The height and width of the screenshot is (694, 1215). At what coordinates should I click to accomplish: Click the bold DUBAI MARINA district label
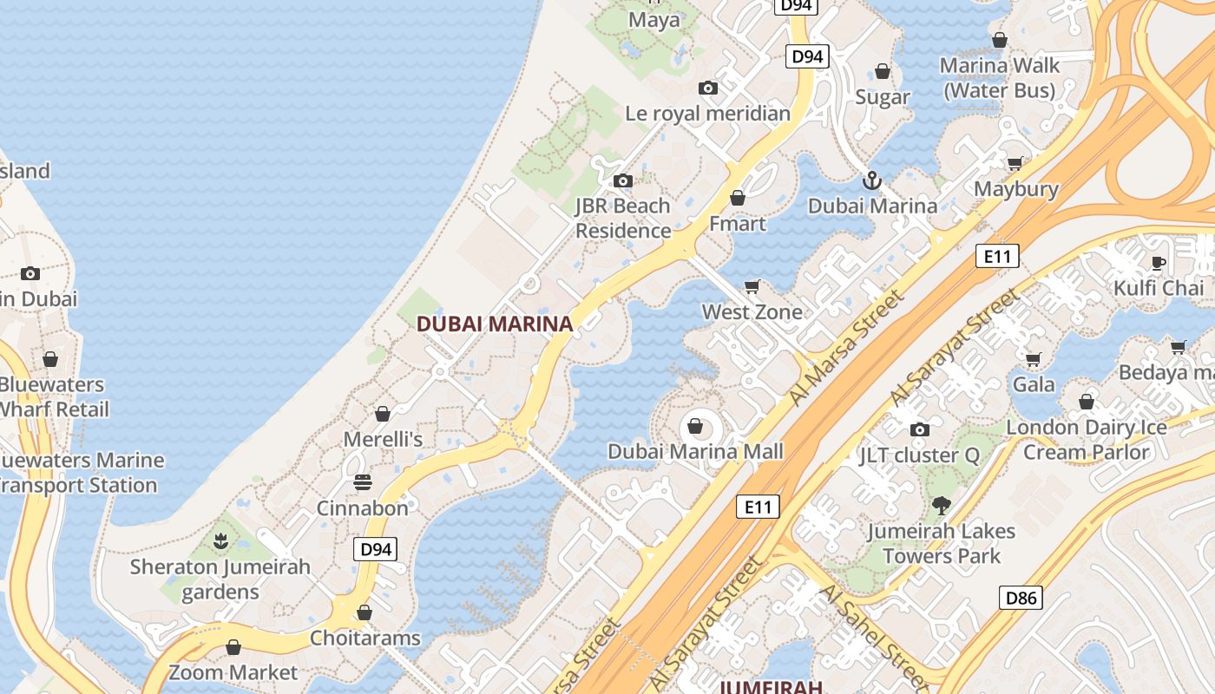tap(495, 324)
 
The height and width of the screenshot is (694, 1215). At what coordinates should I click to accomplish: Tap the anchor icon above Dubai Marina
tap(872, 180)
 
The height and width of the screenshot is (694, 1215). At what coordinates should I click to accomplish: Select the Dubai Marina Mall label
tap(695, 451)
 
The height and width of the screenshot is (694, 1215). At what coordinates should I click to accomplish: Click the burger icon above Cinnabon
tap(363, 482)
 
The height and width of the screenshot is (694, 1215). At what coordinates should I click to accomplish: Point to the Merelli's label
tap(383, 439)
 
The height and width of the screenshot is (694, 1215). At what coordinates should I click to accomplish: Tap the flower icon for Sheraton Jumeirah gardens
tap(220, 542)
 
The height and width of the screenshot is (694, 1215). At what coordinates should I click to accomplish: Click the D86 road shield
tap(1021, 597)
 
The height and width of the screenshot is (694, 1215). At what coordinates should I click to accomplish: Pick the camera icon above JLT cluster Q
tap(920, 429)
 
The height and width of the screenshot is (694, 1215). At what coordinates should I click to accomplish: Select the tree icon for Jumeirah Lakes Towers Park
tap(942, 505)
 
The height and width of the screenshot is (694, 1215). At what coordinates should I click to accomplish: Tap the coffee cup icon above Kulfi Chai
tap(1158, 263)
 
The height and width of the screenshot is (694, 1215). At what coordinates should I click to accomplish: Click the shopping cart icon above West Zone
tap(752, 286)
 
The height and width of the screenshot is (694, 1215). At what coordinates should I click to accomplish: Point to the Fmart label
tap(738, 224)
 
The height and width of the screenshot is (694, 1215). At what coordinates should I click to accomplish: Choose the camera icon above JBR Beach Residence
tap(623, 180)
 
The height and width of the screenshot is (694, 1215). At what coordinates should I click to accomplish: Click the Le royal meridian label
tap(708, 114)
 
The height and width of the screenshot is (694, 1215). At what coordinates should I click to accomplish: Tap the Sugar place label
tap(883, 97)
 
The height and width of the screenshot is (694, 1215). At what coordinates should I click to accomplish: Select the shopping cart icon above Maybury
tap(1015, 163)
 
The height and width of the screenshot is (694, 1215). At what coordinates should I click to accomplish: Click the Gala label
tap(1034, 384)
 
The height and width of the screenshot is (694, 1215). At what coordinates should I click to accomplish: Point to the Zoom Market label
tap(233, 672)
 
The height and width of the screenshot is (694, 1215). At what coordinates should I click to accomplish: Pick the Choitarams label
tap(365, 638)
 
